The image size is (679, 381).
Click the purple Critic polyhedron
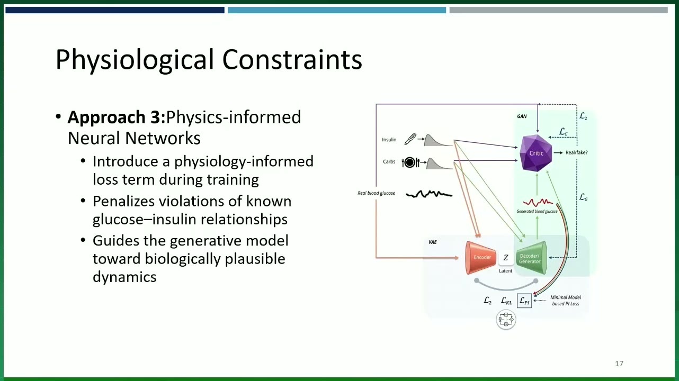535,153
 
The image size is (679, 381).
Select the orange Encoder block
480,258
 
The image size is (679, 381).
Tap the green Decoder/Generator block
531,258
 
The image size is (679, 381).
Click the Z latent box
506,257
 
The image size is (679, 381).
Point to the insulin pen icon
410,139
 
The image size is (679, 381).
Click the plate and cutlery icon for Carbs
410,162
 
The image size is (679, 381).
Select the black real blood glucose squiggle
429,194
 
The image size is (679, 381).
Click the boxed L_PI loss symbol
524,301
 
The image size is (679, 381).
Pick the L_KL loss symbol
506,301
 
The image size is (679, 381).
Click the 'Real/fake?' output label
577,152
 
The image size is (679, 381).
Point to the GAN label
522,116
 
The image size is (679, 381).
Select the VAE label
433,242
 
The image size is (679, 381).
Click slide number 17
619,364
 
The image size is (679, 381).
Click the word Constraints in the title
292,59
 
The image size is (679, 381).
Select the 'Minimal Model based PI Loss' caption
566,301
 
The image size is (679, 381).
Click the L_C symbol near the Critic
563,132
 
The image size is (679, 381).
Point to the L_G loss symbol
584,197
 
